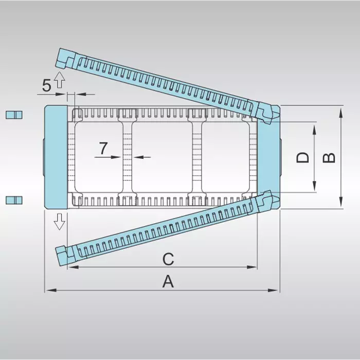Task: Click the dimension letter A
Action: click(x=167, y=281)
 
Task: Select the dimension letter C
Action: click(x=168, y=259)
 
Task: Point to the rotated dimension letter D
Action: click(x=303, y=157)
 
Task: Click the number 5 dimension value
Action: click(x=46, y=86)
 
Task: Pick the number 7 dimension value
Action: click(x=103, y=148)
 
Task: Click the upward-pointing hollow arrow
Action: click(x=60, y=80)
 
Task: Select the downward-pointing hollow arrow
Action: click(x=60, y=222)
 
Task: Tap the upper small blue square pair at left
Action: click(x=14, y=114)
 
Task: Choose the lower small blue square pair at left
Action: click(x=14, y=200)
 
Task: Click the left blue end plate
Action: click(x=56, y=157)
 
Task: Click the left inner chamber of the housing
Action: click(x=98, y=157)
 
